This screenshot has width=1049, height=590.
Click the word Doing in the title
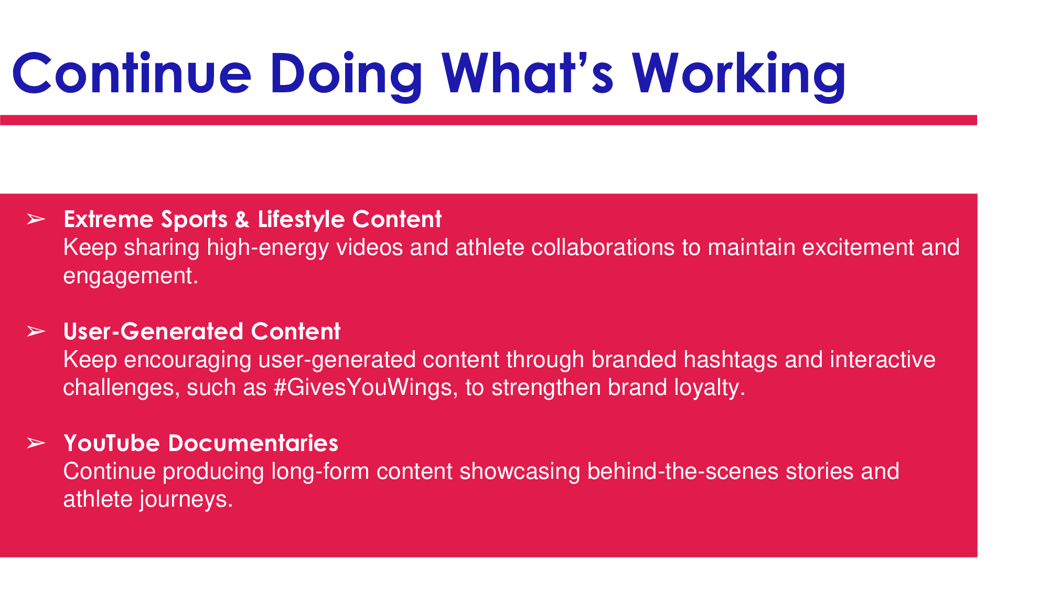coord(347,74)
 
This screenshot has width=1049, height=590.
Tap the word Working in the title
coord(738,74)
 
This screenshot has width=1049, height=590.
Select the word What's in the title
coord(527,73)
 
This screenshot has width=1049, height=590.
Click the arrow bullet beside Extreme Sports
coord(36,219)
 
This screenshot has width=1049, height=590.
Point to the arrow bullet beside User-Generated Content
coord(36,331)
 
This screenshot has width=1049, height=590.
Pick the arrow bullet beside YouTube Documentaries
coord(36,443)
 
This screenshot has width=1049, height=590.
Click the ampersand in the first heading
coord(242,220)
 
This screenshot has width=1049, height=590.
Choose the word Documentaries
coord(253,443)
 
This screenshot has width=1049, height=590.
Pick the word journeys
coord(186,500)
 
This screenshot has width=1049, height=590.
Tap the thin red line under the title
coord(488,120)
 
